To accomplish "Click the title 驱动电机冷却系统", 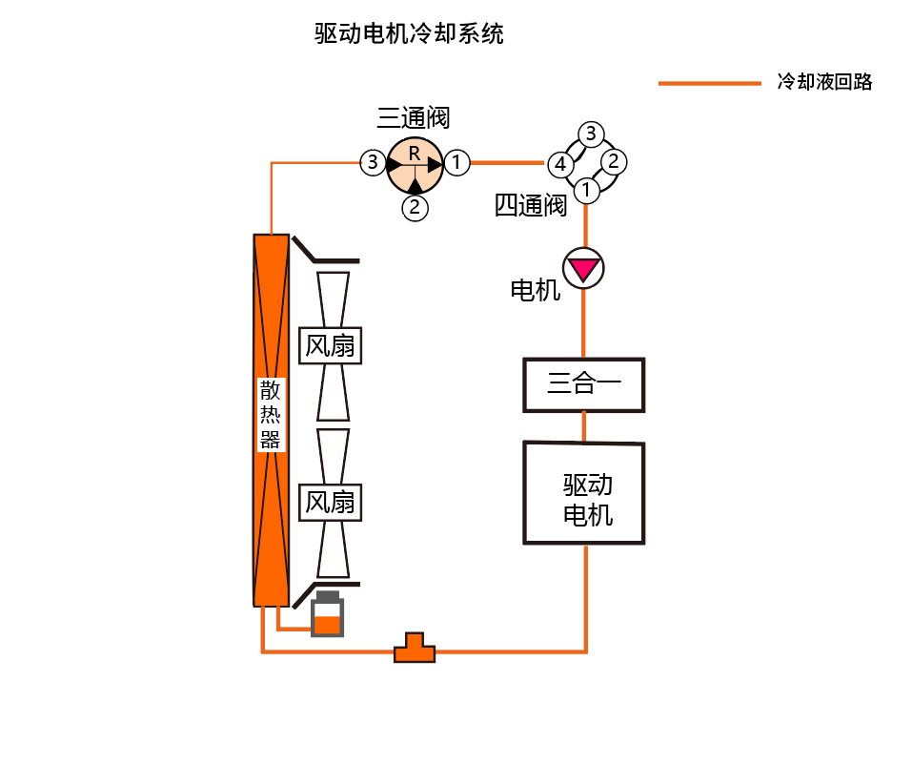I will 409,34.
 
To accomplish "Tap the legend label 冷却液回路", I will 824,82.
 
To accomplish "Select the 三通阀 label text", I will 413,118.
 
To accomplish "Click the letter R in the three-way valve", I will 414,154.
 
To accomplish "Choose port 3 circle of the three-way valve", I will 372,163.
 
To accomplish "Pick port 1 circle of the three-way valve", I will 457,163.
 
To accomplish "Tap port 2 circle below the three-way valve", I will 415,206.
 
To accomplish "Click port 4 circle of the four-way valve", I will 560,165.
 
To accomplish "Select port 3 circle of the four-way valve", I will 591,134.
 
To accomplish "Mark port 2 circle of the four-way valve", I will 615,160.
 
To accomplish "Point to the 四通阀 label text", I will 531,205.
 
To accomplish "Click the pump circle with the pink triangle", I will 583,269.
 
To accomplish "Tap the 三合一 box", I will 584,385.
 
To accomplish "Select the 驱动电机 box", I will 584,493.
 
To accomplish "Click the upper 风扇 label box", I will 331,345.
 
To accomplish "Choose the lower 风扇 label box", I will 331,502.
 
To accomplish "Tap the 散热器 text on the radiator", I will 271,415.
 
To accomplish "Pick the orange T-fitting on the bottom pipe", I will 415,649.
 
